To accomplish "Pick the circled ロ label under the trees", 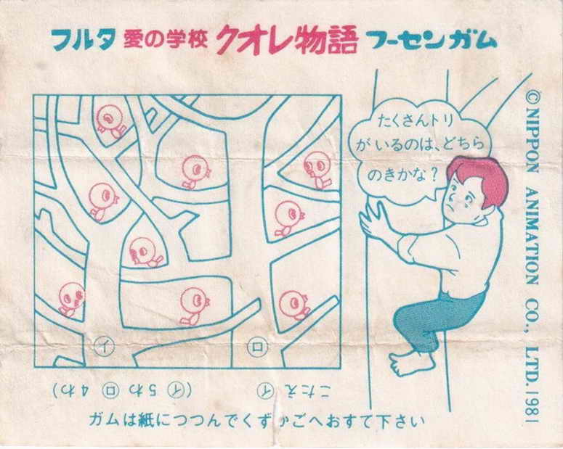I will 255,347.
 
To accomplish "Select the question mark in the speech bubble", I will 433,174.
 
